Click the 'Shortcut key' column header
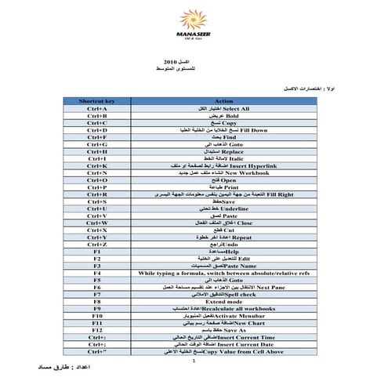97,101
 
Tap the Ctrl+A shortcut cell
97,109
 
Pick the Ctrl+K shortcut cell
97,165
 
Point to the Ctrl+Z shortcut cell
97,244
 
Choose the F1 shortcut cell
97,251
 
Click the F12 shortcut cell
97,329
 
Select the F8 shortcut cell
97,301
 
